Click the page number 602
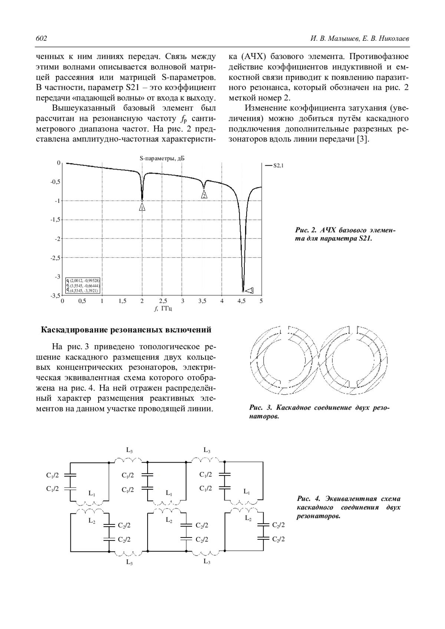[x=41, y=39]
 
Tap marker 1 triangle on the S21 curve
[x=142, y=207]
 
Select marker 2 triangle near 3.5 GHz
[x=204, y=195]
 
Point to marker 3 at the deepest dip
[x=249, y=290]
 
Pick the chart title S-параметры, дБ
[x=162, y=158]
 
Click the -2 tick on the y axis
[x=57, y=239]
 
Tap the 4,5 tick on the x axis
[x=241, y=301]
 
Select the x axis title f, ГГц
[x=163, y=308]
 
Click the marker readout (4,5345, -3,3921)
[x=84, y=291]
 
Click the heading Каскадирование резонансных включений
[x=126, y=330]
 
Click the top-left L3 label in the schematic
[x=129, y=450]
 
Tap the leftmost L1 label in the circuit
[x=92, y=493]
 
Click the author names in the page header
[x=359, y=39]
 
